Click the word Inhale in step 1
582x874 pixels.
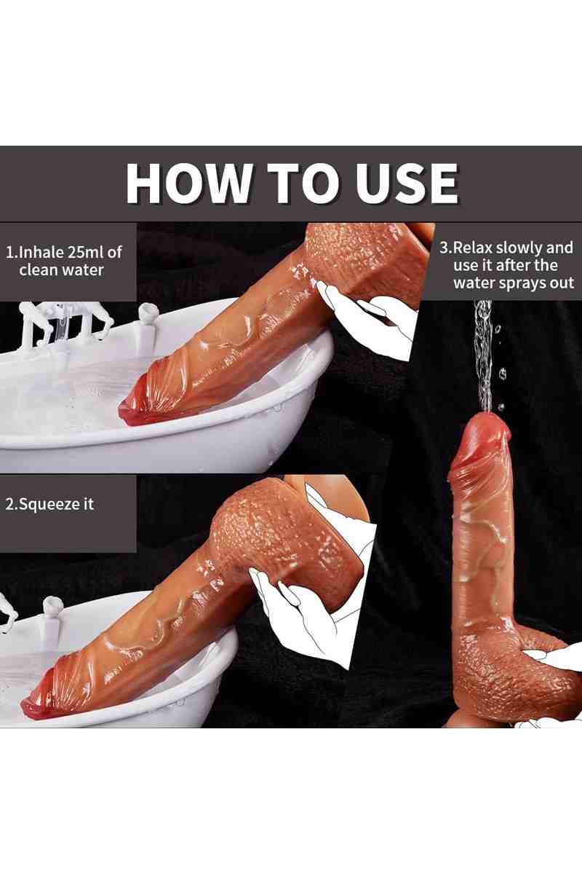coord(42,252)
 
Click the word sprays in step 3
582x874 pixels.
coord(521,283)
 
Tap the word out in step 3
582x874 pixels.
coord(562,283)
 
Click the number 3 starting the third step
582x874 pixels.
coord(444,248)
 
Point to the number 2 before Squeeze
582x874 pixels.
coord(9,505)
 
